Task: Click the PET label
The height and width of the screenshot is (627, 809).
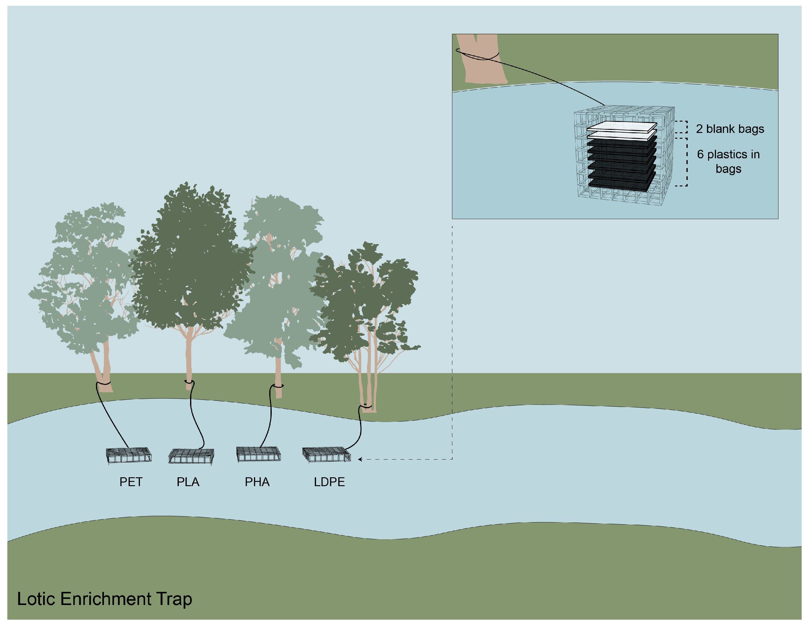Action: click(131, 482)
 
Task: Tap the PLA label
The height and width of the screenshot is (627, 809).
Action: click(188, 482)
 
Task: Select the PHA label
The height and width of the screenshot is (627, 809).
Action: click(257, 482)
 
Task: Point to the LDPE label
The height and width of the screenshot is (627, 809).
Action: click(329, 482)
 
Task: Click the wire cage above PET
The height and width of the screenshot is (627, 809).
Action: click(129, 455)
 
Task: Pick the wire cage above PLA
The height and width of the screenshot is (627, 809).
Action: click(191, 456)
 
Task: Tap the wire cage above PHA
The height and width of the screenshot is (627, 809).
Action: click(259, 454)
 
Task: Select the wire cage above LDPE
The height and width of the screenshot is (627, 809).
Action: click(326, 454)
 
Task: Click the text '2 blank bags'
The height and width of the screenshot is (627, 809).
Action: click(730, 129)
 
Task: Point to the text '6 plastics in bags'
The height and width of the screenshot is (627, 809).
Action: click(728, 161)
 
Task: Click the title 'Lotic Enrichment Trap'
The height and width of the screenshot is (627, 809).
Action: click(105, 599)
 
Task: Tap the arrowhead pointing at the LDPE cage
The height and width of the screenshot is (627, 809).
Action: click(360, 459)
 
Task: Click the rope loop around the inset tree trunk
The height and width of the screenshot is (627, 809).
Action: click(477, 55)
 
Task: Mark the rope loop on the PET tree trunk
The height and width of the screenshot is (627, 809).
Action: click(103, 383)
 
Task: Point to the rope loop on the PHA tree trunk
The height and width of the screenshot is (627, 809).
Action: click(278, 386)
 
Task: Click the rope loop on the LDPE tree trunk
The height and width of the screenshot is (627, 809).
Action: click(366, 406)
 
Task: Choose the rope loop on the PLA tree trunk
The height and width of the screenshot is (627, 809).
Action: click(189, 381)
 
